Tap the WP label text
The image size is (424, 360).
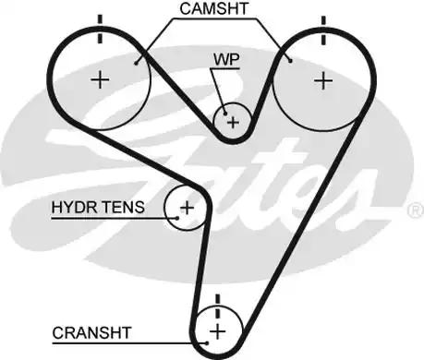225,57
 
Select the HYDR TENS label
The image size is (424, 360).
98,208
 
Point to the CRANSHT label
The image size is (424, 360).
91,330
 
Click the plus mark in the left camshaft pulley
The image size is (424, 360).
99,81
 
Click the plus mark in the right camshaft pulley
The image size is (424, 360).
322,81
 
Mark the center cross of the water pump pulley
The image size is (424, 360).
233,121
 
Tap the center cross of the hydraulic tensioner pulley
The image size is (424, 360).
187,207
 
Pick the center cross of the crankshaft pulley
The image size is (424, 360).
218,330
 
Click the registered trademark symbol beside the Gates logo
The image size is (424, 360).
414,210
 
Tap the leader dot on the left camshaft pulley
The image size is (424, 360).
137,64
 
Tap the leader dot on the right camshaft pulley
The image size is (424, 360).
290,61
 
